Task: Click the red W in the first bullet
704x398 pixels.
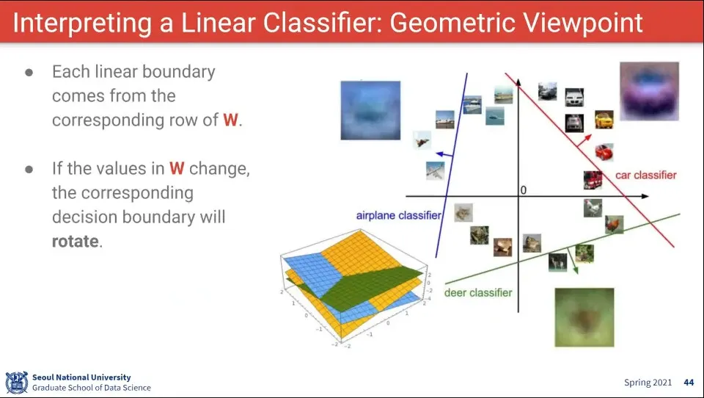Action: (x=230, y=120)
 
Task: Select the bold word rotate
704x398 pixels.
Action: (x=75, y=241)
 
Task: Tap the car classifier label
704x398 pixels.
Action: (x=645, y=175)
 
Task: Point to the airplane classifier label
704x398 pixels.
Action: (x=399, y=215)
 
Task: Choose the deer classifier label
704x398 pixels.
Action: (x=478, y=293)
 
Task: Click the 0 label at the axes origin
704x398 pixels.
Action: (x=523, y=190)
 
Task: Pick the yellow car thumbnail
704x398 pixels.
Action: (x=604, y=119)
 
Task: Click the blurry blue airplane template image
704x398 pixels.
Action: (x=370, y=110)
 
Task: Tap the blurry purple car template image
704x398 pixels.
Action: (x=649, y=91)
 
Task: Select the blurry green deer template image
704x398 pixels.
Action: (x=584, y=317)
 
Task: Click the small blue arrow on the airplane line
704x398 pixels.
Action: (x=444, y=155)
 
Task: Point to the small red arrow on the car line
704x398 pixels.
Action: (x=584, y=140)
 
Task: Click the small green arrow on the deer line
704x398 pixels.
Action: (x=573, y=261)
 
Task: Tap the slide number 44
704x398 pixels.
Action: (x=689, y=383)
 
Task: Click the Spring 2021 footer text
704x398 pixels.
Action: (x=648, y=383)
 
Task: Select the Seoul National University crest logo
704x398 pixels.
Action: (x=17, y=383)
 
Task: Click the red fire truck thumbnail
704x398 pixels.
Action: (x=593, y=180)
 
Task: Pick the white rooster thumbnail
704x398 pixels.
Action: (x=593, y=208)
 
